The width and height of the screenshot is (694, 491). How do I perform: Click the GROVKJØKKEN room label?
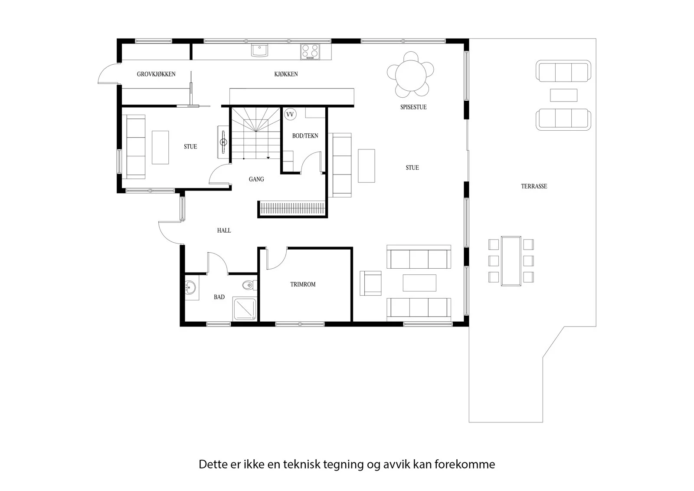(x=156, y=74)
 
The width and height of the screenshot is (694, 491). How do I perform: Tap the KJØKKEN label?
(x=286, y=74)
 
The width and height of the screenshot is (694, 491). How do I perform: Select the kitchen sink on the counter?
(x=259, y=50)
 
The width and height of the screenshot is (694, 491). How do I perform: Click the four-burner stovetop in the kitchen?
(x=310, y=52)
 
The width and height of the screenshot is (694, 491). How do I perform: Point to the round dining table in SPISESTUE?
(x=410, y=76)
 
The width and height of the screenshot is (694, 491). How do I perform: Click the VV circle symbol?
(x=290, y=115)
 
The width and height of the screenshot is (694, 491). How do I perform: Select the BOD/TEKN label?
(x=305, y=136)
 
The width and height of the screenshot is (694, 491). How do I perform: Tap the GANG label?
(x=256, y=179)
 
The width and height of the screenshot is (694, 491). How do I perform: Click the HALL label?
(x=224, y=231)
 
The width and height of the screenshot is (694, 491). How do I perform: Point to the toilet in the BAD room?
(x=249, y=285)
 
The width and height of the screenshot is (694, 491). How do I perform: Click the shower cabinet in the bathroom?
(x=245, y=309)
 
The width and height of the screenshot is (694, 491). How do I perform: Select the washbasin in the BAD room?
(x=190, y=288)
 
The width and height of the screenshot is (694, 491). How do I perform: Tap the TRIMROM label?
(x=303, y=284)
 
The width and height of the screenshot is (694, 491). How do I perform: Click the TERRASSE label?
(x=534, y=186)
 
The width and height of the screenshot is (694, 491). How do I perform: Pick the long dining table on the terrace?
(x=511, y=261)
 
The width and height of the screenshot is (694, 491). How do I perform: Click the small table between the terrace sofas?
(x=563, y=95)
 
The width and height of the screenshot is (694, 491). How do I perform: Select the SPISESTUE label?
(x=414, y=107)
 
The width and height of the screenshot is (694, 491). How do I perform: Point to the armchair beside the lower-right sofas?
(x=370, y=283)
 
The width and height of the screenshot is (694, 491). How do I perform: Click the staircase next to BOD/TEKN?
(x=255, y=133)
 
